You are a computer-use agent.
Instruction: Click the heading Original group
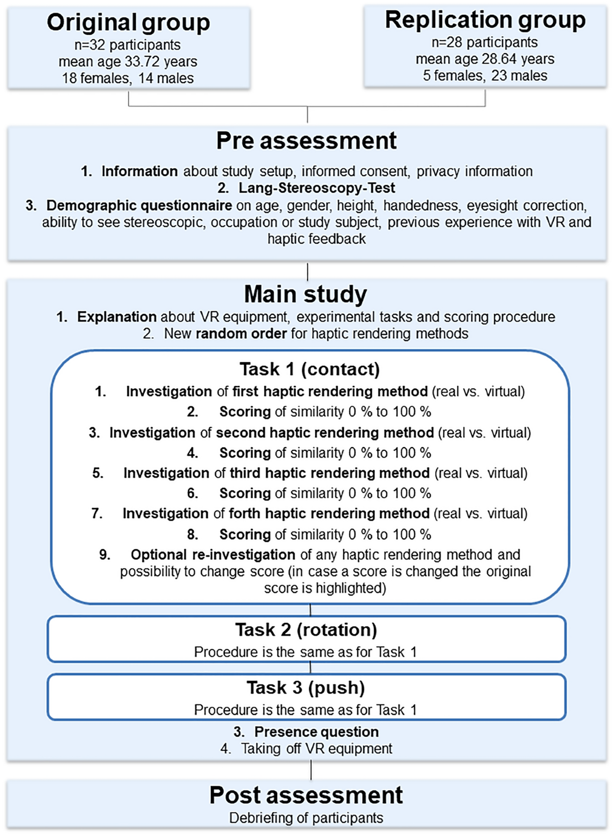[x=128, y=22]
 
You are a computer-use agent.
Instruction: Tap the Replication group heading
[x=485, y=20]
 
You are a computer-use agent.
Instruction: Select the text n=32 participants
[x=128, y=45]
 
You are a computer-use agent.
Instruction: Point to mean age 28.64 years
[x=485, y=59]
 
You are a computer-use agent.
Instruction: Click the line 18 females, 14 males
[x=128, y=78]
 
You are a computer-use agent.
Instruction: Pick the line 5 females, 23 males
[x=485, y=76]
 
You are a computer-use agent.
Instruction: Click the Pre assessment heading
[x=306, y=141]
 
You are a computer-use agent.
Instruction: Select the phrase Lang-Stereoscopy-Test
[x=317, y=188]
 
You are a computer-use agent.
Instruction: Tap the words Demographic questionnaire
[x=139, y=205]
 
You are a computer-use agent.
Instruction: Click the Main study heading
[x=305, y=294]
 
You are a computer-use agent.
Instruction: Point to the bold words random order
[x=241, y=334]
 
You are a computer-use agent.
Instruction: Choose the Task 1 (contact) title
[x=310, y=369]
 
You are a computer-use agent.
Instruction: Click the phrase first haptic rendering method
[x=330, y=391]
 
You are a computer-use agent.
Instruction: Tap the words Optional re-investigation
[x=213, y=555]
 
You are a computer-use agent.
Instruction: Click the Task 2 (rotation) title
[x=306, y=630]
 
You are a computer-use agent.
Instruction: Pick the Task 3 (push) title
[x=305, y=688]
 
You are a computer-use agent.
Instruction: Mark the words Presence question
[x=317, y=732]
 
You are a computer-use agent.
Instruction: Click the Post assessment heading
[x=306, y=795]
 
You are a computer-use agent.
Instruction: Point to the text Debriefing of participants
[x=306, y=818]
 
